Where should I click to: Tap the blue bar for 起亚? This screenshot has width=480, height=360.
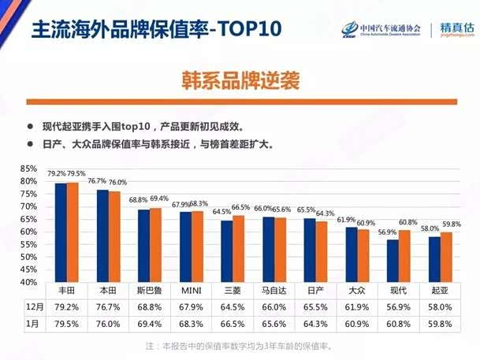tap(434, 259)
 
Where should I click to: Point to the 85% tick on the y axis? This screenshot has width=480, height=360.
tap(28, 169)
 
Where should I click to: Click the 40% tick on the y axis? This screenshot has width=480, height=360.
tap(28, 282)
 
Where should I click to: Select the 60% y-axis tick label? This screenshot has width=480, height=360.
tap(28, 232)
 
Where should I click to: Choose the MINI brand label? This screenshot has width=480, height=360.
tap(191, 291)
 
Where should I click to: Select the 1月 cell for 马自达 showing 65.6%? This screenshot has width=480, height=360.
tap(273, 323)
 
